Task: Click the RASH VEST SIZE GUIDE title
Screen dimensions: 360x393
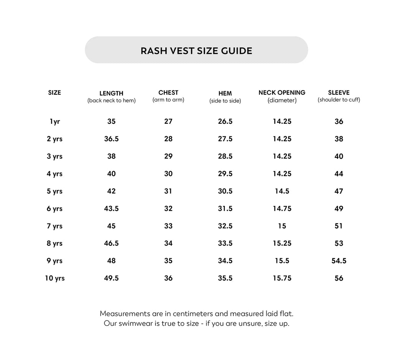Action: point(196,51)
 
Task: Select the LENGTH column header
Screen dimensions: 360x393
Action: point(111,93)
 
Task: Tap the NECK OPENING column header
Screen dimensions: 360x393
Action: point(282,92)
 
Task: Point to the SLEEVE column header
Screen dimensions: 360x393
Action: point(339,92)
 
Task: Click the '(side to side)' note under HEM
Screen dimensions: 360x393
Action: point(225,101)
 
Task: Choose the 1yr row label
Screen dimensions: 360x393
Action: point(54,122)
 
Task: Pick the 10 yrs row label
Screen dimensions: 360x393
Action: point(54,278)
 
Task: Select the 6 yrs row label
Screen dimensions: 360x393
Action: point(54,209)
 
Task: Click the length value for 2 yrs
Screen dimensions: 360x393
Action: point(111,139)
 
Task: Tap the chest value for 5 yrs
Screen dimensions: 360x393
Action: point(168,191)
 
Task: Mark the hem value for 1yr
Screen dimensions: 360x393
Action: point(225,122)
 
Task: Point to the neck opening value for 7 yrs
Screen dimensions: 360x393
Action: point(282,226)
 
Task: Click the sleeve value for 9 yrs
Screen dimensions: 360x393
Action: point(339,261)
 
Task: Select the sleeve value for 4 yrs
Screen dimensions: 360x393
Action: point(339,174)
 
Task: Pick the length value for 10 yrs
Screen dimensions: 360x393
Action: point(111,278)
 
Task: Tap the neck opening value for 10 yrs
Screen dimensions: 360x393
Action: point(282,278)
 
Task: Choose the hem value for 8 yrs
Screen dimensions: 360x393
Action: point(225,243)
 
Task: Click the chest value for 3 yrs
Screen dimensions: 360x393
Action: point(168,156)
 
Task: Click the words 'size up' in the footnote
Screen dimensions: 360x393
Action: point(276,324)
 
